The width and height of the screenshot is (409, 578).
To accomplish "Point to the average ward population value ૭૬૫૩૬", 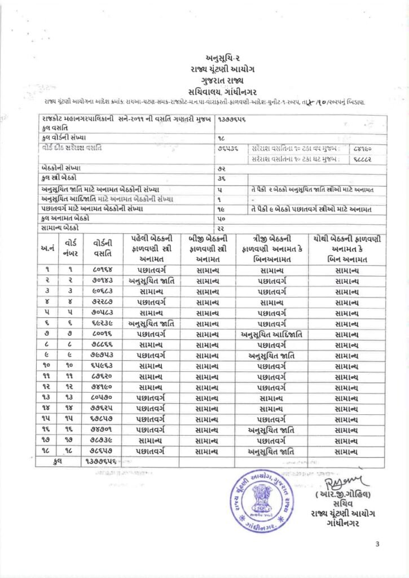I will (x=227, y=148).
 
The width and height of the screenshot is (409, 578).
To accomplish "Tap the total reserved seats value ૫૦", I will (x=221, y=218).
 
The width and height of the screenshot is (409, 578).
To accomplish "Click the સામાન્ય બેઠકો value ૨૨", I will (x=221, y=227).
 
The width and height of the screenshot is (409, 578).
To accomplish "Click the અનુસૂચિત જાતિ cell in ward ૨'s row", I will (x=152, y=281).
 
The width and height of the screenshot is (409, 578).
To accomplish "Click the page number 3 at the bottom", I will (x=377, y=544).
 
